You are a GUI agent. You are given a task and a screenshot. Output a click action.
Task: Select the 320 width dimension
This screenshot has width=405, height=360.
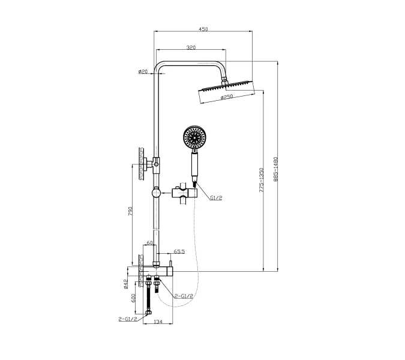click(191, 47)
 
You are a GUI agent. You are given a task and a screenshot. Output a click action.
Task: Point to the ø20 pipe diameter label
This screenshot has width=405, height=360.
click(143, 71)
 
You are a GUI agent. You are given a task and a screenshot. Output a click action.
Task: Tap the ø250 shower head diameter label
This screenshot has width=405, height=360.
click(227, 98)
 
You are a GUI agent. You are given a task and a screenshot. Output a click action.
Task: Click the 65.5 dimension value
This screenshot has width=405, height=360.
click(179, 252)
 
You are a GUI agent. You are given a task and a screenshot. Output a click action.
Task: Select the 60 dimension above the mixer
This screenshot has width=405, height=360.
click(151, 243)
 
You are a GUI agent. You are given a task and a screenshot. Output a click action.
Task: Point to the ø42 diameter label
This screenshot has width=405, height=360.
click(125, 282)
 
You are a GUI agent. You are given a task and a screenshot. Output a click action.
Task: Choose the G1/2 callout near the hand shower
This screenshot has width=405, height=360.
click(216, 197)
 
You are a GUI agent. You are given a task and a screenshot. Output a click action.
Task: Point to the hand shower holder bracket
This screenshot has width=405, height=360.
click(182, 194)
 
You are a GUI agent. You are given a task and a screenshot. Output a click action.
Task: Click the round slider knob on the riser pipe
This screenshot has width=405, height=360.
click(155, 193)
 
